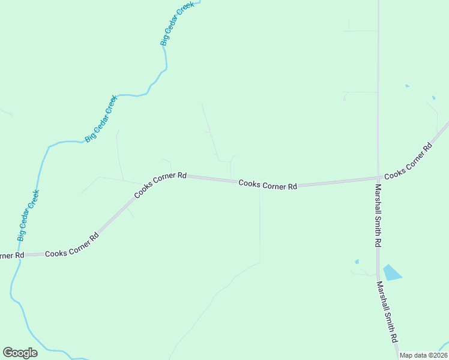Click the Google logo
pyautogui.click(x=20, y=353)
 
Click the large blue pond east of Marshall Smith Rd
pyautogui.click(x=391, y=273)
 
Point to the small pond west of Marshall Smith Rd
pyautogui.click(x=357, y=262)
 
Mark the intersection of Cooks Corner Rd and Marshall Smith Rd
pyautogui.click(x=378, y=178)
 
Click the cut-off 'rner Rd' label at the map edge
pyautogui.click(x=11, y=256)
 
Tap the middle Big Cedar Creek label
pyautogui.click(x=101, y=118)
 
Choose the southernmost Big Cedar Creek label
pyautogui.click(x=28, y=215)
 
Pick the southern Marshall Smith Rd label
pyautogui.click(x=388, y=313)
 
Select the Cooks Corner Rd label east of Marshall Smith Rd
pyautogui.click(x=409, y=161)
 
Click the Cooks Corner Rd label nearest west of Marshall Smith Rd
pyautogui.click(x=268, y=185)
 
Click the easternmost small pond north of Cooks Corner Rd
pyautogui.click(x=433, y=97)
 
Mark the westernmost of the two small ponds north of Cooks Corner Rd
pyautogui.click(x=407, y=86)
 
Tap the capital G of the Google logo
pyautogui.click(x=8, y=353)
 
